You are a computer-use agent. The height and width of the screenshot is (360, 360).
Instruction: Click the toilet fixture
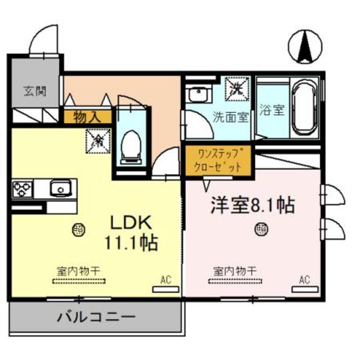tap(132, 144)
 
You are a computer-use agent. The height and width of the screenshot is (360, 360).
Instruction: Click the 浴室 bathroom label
tap(272, 110)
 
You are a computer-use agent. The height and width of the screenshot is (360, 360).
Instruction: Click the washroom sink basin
tap(198, 94)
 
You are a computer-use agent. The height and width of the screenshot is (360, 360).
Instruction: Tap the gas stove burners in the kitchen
tap(24, 187)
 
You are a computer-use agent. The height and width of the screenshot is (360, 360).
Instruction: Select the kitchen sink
tap(58, 187)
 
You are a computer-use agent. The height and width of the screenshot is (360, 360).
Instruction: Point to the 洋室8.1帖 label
tap(253, 205)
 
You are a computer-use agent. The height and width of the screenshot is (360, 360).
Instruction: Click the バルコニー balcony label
tap(97, 317)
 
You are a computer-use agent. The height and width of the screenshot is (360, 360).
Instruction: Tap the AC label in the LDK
tap(165, 280)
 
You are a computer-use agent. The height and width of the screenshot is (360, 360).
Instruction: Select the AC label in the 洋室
tap(304, 280)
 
